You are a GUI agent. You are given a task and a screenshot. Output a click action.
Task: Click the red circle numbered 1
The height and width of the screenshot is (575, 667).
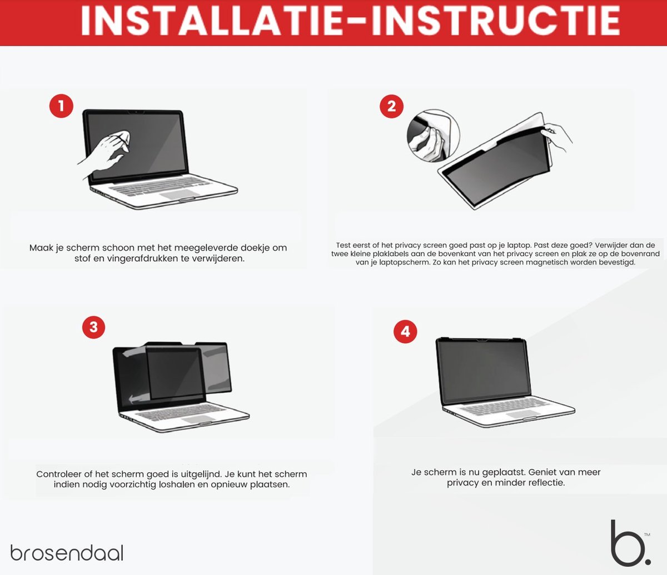tap(61, 106)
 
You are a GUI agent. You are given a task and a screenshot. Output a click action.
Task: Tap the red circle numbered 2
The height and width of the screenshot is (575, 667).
tap(391, 106)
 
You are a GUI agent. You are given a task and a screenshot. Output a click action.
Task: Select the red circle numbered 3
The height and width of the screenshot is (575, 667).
tap(93, 327)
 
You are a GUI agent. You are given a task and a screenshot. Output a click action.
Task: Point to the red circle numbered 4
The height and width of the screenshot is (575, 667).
tap(405, 331)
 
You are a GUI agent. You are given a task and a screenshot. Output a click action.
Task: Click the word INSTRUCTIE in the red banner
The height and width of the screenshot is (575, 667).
tap(496, 21)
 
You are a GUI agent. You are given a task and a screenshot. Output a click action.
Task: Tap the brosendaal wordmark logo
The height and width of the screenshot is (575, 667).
tap(67, 553)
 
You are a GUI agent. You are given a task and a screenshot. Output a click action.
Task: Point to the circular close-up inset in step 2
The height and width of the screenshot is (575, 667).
tap(434, 136)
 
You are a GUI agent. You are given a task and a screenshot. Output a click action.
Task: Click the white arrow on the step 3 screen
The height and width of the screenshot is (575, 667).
tap(140, 399)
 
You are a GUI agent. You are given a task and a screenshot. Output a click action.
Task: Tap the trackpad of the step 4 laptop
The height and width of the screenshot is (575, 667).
tap(523, 414)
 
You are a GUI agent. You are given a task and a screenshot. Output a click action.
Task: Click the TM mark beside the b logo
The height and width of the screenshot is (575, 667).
tap(647, 534)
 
